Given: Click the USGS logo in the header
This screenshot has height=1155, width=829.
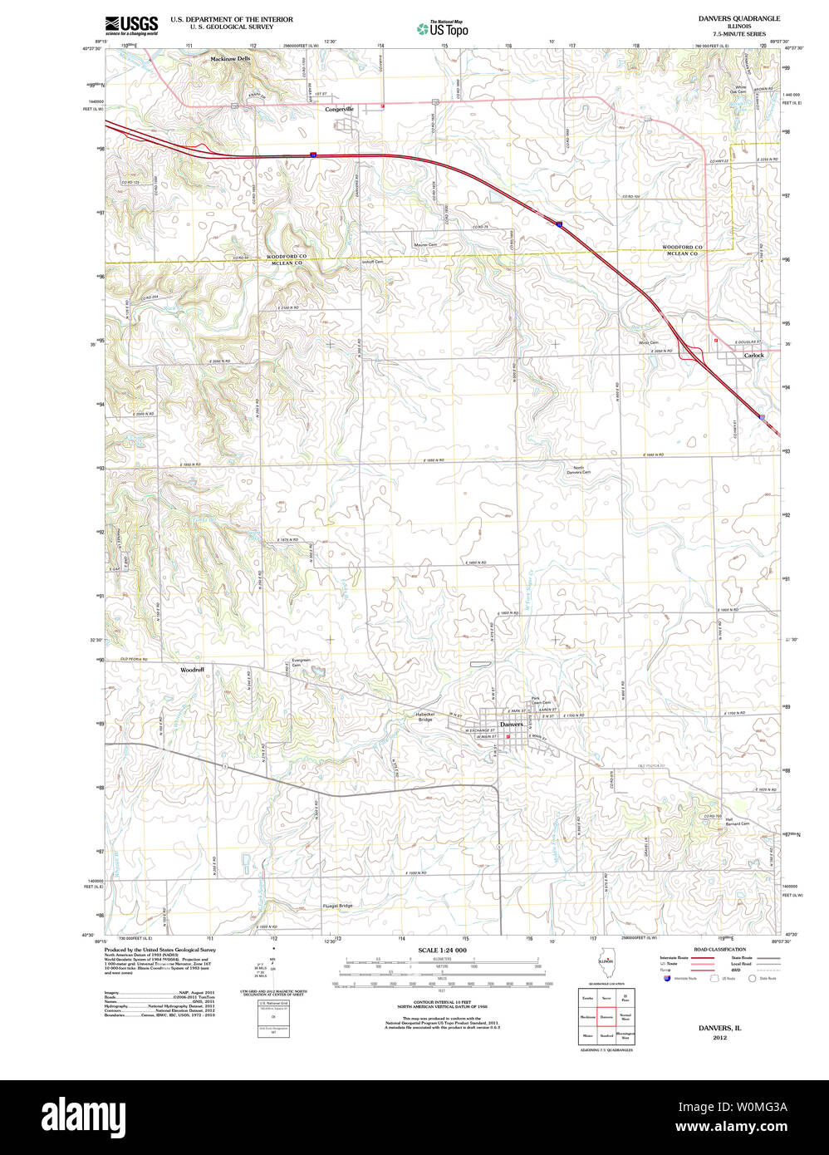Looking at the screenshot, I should pos(131,24).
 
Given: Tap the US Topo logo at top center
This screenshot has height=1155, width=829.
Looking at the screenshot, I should pos(443,29).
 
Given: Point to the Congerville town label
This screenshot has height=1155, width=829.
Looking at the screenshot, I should pos(339,109).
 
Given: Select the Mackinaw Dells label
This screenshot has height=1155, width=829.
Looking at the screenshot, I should pos(230,59).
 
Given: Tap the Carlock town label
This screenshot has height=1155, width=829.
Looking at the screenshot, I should pos(753,356).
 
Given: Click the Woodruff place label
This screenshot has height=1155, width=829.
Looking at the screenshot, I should pos(192,669).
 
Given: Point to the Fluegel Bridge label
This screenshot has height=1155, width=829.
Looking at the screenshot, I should pos(337,906).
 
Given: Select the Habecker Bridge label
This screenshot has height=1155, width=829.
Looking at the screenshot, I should pos(425,716).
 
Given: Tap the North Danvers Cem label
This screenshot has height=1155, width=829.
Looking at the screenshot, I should pos(579,470).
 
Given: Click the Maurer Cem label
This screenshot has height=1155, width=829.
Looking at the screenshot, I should pos(425,245).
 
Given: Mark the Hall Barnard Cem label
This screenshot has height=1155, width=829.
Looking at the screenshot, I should pos(738,823).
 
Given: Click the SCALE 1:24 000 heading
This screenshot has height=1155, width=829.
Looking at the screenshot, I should pos(442,950).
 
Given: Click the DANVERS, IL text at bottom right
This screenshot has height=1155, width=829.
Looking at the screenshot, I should pos(719,1028).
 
